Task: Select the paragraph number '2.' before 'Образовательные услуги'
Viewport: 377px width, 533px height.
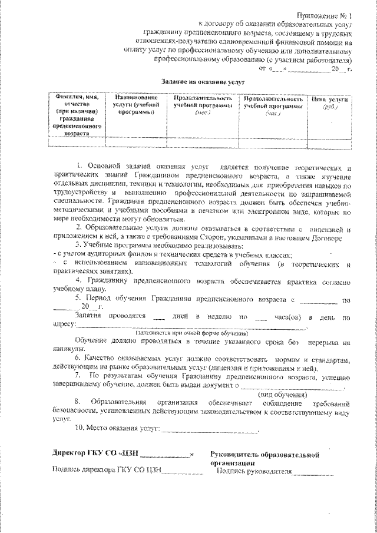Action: (x=79, y=227)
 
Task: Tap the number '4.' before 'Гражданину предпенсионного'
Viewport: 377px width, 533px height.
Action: (x=79, y=282)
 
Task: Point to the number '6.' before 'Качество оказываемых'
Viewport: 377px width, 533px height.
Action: (x=79, y=359)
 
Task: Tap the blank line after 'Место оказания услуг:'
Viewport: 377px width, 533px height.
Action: (x=210, y=431)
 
